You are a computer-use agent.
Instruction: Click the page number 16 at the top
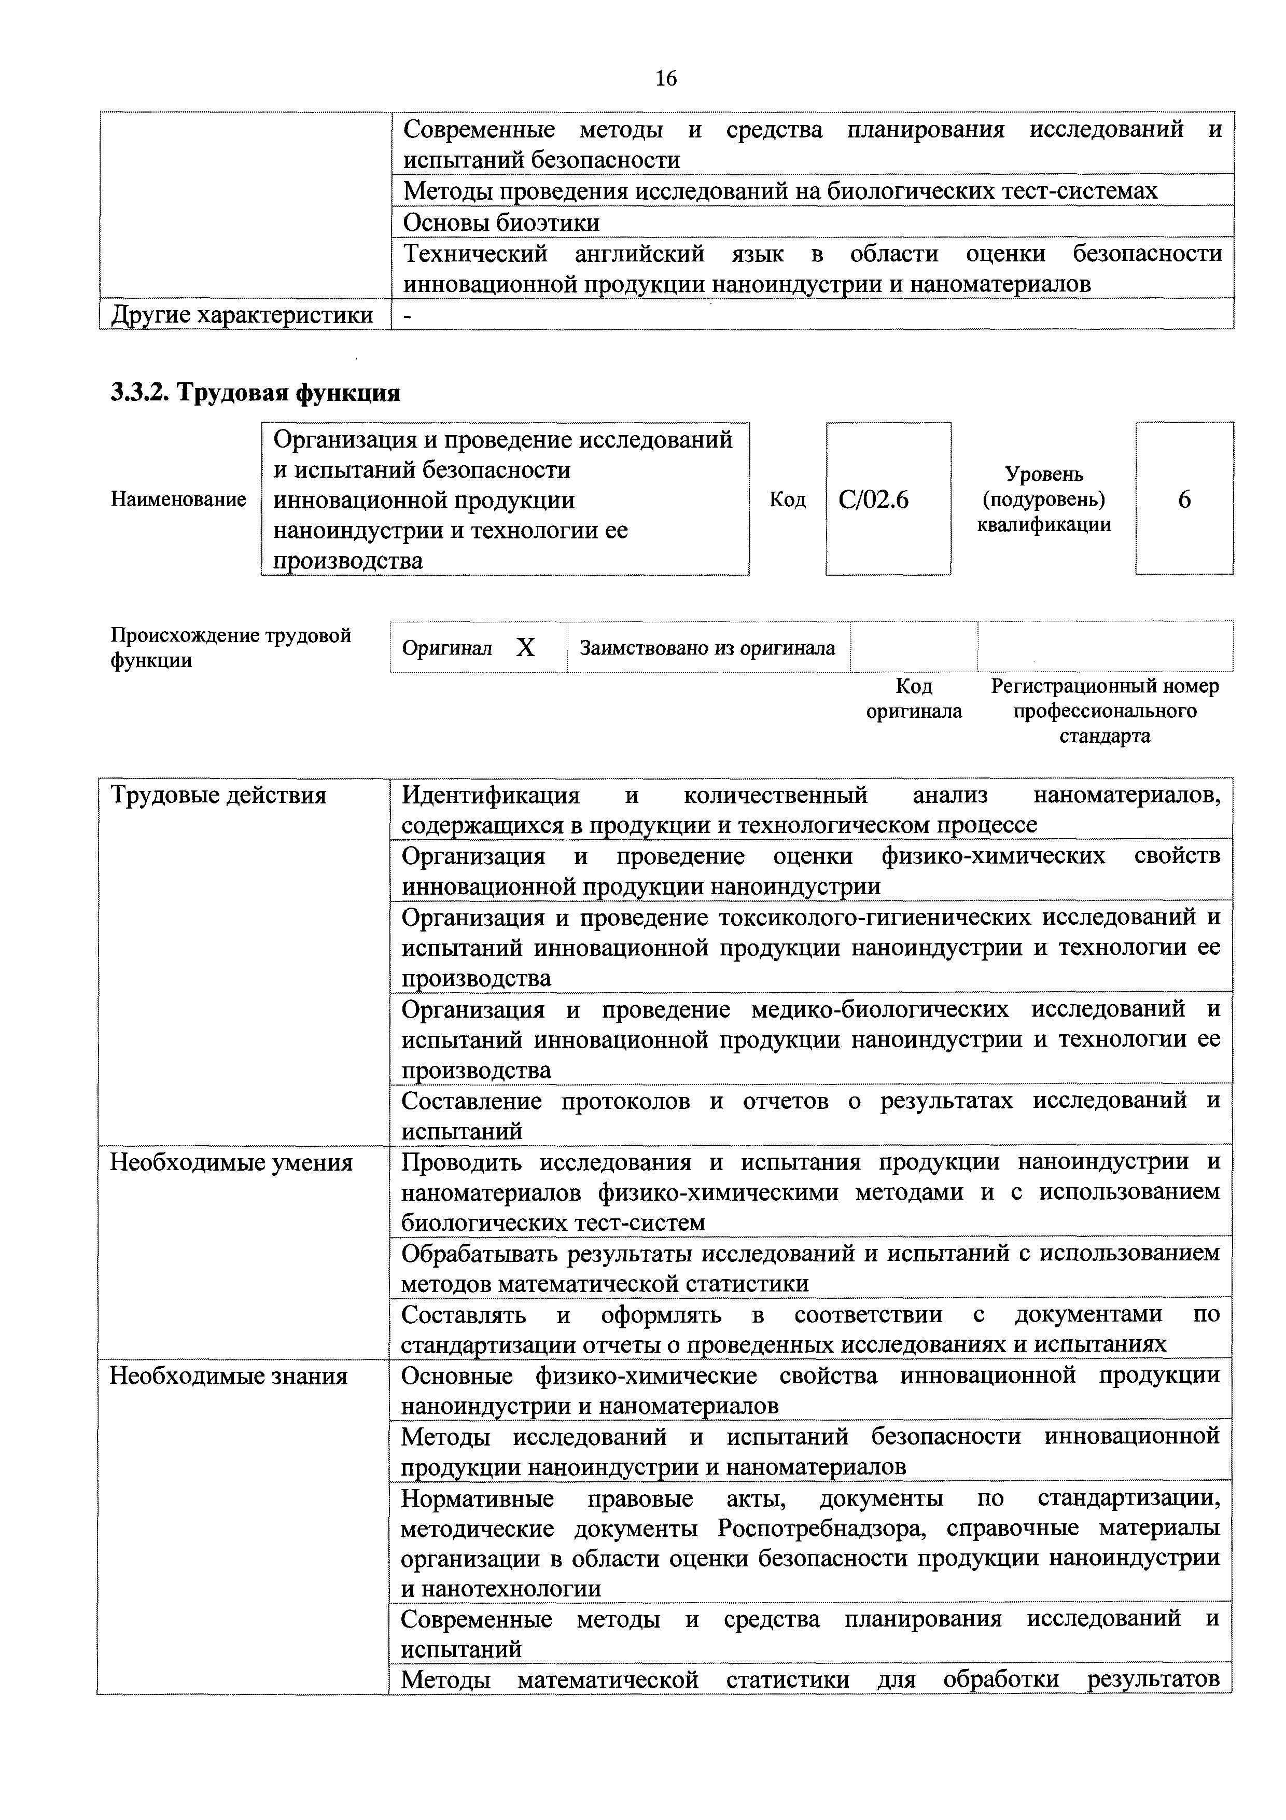tap(666, 78)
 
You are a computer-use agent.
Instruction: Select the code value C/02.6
tap(874, 499)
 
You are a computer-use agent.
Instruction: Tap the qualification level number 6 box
tap(1184, 499)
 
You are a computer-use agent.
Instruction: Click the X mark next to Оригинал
tap(525, 648)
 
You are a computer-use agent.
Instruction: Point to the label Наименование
tap(178, 499)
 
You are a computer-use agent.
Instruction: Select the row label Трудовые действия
tap(218, 795)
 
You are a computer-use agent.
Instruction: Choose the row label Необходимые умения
tap(231, 1163)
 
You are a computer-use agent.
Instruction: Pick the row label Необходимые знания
tap(228, 1376)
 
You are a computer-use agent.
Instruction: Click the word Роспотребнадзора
tap(822, 1527)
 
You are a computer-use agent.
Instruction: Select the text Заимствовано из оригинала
tap(707, 648)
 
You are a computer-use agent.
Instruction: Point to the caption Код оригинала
tap(914, 698)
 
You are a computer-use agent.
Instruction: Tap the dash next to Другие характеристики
tap(408, 315)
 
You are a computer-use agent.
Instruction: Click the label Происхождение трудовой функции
tap(230, 648)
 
